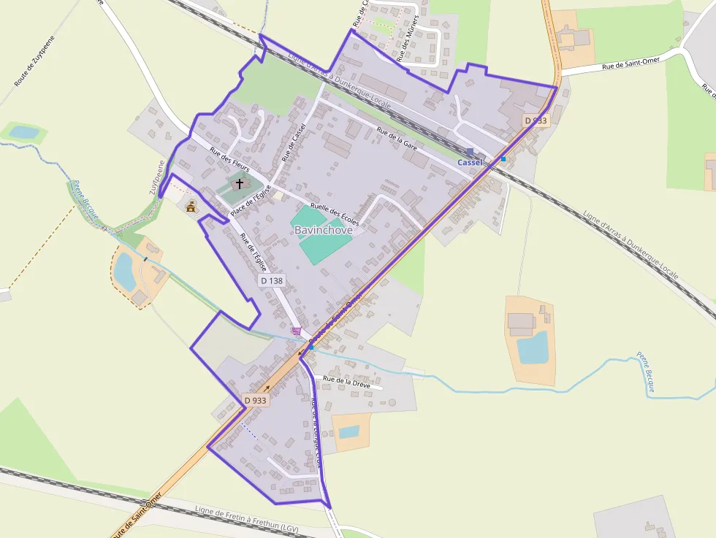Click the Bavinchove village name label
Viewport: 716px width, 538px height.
click(x=323, y=230)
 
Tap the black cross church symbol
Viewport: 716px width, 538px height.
click(x=239, y=183)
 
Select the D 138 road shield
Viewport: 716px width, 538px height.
click(x=271, y=280)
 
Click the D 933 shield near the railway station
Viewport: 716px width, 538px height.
click(x=536, y=120)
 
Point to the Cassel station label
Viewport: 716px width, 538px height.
click(x=470, y=162)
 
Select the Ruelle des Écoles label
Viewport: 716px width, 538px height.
click(x=335, y=212)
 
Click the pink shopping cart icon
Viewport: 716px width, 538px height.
click(x=297, y=331)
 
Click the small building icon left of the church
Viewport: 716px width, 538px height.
click(x=191, y=207)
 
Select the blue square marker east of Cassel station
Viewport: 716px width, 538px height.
click(x=503, y=158)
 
